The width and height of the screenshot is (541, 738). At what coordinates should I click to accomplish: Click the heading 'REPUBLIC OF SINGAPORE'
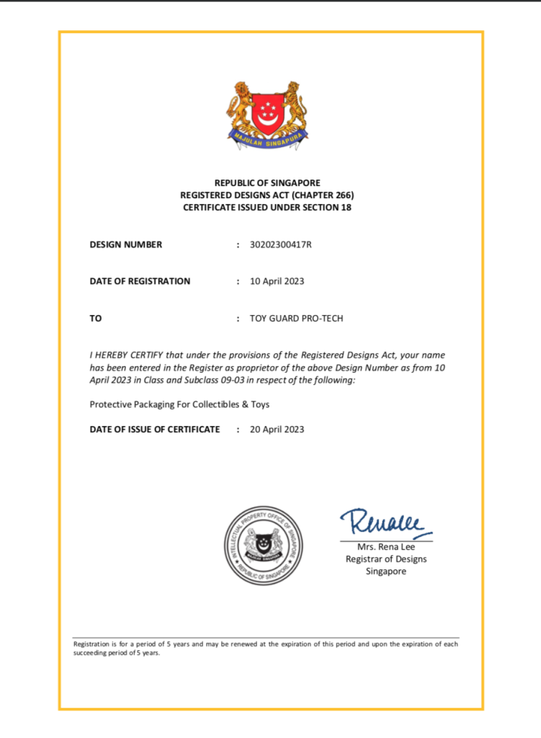[x=267, y=183]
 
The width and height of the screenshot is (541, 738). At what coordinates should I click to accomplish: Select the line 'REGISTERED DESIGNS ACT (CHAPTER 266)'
[x=267, y=195]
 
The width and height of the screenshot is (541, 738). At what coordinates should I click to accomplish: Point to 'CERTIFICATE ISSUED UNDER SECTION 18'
[x=267, y=208]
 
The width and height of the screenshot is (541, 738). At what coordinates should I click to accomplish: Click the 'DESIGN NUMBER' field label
[x=126, y=244]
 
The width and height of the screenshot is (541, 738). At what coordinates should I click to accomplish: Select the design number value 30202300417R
[x=280, y=244]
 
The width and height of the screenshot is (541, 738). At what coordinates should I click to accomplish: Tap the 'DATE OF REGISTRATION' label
[x=140, y=281]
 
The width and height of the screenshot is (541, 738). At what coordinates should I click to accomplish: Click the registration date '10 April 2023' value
[x=277, y=281]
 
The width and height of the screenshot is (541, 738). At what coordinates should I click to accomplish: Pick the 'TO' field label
[x=96, y=318]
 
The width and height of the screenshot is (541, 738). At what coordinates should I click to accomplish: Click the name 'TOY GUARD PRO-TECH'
[x=296, y=318]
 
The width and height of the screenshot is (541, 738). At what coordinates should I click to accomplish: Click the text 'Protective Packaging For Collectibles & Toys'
[x=179, y=404]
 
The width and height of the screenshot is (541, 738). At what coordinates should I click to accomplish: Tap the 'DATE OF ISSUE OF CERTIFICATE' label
[x=154, y=430]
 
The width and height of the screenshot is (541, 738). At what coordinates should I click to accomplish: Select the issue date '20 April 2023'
[x=277, y=430]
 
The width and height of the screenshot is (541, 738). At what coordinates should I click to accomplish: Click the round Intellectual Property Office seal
[x=263, y=545]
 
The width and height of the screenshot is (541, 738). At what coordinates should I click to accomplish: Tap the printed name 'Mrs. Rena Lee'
[x=385, y=547]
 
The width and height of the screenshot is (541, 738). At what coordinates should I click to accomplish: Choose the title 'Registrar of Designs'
[x=385, y=559]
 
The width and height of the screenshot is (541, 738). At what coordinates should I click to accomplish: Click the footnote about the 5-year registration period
[x=266, y=648]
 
